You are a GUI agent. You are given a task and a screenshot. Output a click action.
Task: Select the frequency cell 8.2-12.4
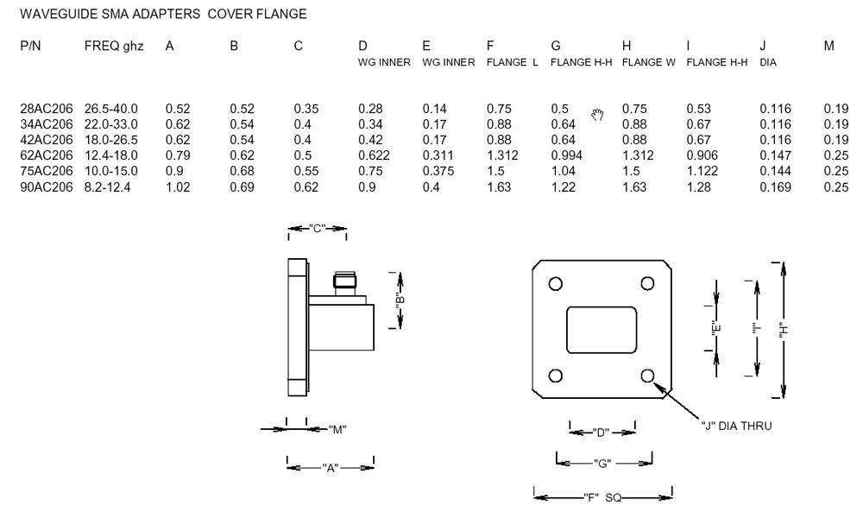point(110,186)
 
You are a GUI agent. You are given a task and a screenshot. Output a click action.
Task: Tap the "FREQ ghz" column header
point(114,46)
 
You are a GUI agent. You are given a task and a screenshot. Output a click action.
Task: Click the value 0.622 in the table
point(375,155)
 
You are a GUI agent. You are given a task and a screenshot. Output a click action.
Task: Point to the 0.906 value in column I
point(702,155)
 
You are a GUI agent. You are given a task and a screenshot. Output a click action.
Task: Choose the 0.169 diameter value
point(775,186)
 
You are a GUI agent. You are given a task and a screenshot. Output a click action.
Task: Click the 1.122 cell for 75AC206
point(702,171)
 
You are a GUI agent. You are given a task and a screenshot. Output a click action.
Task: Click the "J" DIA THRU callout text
point(735,425)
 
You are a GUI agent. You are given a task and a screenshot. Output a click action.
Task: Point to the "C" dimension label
point(317,230)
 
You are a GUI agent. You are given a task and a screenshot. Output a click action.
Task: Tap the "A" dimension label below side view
point(330,468)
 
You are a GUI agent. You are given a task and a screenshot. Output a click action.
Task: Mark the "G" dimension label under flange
point(602,464)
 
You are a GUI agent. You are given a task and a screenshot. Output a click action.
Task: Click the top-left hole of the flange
point(556,283)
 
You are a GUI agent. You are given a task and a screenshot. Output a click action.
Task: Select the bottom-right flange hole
point(649,375)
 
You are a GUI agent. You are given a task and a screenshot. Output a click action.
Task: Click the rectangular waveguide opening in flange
point(602,329)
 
